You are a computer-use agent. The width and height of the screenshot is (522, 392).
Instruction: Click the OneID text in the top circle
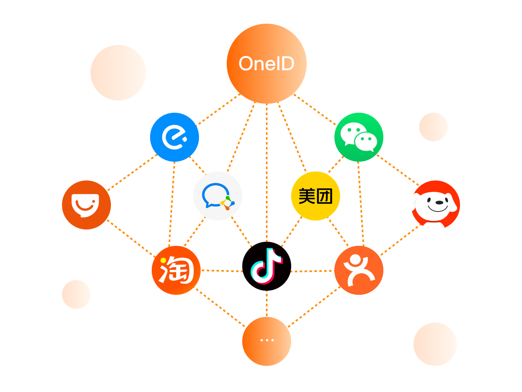266,64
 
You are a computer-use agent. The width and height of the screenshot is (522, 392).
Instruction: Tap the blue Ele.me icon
175,137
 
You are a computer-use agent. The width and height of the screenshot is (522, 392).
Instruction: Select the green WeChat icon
359,137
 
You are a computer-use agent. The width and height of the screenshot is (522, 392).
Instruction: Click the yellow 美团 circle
315,196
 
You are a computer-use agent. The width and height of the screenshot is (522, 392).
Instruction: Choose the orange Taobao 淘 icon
176,270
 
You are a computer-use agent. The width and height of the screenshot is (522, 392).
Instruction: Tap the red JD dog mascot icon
436,205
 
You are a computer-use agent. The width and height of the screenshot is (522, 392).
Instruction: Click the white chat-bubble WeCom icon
218,196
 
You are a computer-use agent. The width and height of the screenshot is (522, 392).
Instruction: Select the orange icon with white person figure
359,270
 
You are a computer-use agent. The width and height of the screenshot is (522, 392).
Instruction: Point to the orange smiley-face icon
86,205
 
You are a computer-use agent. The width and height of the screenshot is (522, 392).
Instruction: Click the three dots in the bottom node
267,340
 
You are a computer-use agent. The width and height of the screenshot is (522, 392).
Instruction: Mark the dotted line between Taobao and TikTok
222,271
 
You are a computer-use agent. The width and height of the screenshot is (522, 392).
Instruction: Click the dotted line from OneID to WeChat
315,110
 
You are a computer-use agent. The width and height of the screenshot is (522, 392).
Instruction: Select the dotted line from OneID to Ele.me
219,109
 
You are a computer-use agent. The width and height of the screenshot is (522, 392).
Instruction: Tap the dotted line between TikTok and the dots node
267,303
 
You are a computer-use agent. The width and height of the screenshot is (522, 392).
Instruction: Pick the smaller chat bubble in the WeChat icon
366,142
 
